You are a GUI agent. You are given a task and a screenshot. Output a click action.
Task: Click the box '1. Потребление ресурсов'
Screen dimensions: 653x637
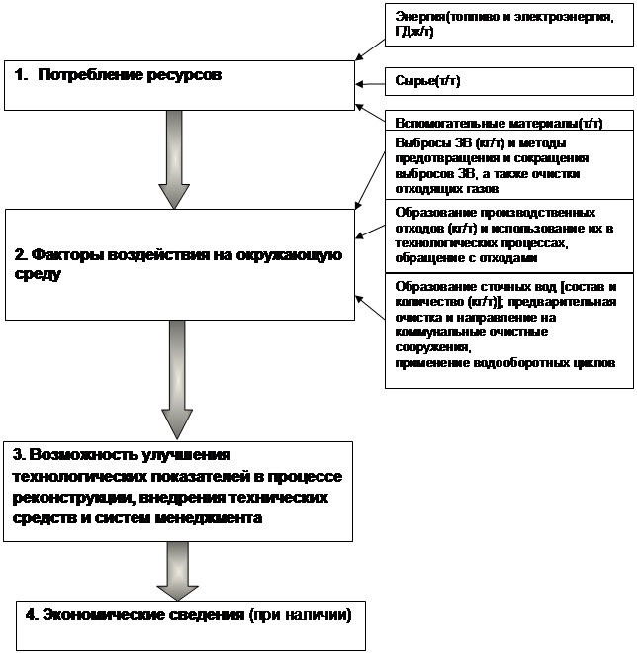[178, 85]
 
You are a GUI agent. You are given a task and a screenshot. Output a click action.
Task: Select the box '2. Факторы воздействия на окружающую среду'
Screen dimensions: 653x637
[178, 264]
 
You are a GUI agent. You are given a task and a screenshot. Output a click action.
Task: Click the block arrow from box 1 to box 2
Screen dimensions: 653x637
[175, 158]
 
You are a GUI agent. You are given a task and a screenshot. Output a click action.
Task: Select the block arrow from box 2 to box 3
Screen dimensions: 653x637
[177, 381]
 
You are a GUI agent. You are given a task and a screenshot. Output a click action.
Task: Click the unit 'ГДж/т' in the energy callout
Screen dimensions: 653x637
[413, 33]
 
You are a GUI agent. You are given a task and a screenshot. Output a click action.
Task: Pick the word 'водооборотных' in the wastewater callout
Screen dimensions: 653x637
[530, 363]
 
